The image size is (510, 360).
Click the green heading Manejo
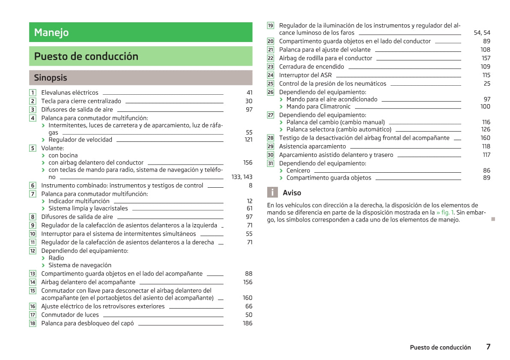(x=51, y=33)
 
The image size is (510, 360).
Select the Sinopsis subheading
(x=51, y=78)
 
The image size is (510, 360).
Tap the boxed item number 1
(x=33, y=93)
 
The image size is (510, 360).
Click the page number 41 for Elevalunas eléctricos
(x=249, y=93)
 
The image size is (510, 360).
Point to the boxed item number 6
(x=33, y=186)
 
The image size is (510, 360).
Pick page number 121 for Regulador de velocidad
(x=248, y=140)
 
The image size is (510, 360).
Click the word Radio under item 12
(x=56, y=258)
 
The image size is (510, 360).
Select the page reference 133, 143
(x=242, y=177)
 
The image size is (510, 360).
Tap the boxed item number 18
(x=33, y=324)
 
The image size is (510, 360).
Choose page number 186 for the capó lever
(x=248, y=324)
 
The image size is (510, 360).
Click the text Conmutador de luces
(x=70, y=315)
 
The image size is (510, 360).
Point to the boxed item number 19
(x=271, y=26)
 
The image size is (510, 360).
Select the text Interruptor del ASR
(x=305, y=75)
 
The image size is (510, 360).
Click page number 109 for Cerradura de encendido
(x=485, y=67)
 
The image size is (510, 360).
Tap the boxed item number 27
(x=271, y=115)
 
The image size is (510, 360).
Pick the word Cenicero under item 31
(x=298, y=171)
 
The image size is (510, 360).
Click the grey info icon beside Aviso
(x=272, y=193)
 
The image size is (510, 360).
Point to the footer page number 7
(x=488, y=347)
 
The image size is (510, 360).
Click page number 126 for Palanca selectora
(x=486, y=129)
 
